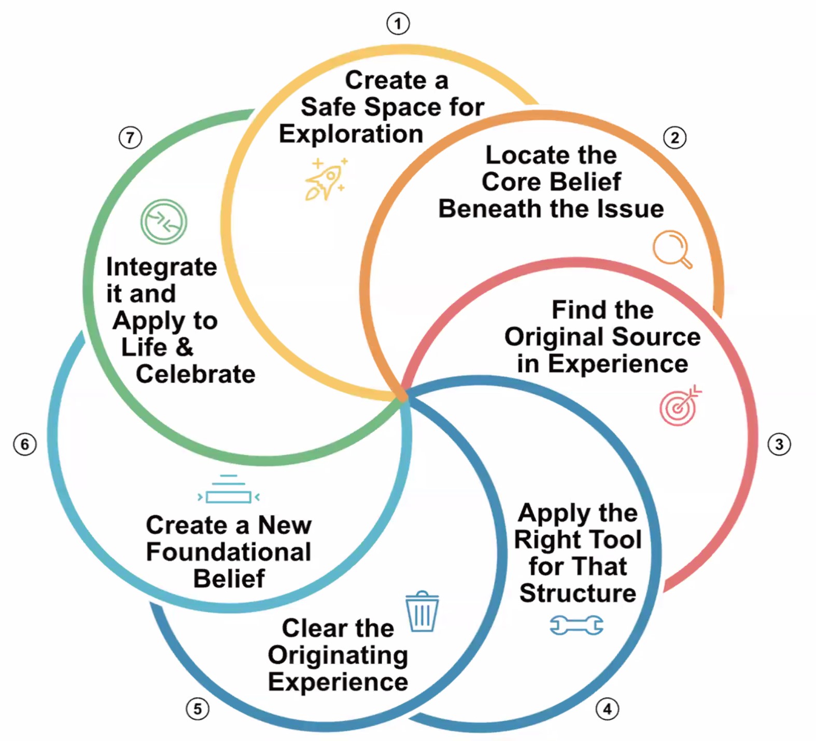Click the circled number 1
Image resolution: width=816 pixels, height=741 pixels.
[398, 24]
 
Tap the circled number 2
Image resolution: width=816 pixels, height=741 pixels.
[674, 138]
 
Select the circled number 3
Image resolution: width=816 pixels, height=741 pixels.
[779, 444]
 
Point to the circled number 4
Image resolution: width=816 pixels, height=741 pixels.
[607, 708]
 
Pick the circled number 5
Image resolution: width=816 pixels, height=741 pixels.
[198, 708]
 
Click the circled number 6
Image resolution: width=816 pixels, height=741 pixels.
[24, 444]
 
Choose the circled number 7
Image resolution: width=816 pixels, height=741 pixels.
[130, 138]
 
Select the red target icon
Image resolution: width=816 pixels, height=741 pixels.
[680, 406]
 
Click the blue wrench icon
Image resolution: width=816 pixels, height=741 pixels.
[576, 625]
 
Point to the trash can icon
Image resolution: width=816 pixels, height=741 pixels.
[422, 612]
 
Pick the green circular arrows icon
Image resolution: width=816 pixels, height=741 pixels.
[164, 222]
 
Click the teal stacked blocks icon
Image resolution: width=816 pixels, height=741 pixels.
[229, 490]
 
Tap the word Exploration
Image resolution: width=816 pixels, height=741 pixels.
[351, 134]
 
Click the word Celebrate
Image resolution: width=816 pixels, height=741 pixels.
[195, 374]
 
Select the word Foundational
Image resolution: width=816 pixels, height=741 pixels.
[229, 552]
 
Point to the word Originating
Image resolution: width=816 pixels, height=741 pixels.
[338, 655]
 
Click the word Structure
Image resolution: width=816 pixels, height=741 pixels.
[578, 593]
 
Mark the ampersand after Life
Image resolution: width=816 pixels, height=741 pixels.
[184, 347]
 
